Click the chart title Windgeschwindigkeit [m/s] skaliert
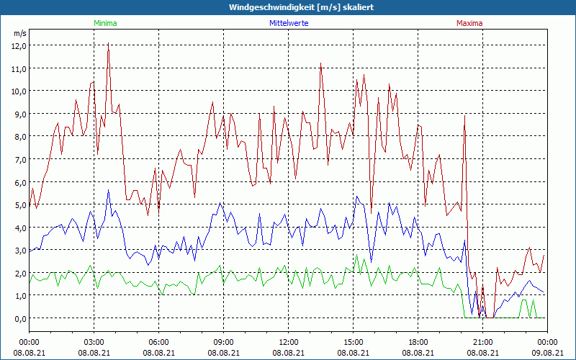[287, 7]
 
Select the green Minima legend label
[105, 23]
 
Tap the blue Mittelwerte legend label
[288, 23]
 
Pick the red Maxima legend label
[469, 23]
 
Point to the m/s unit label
[19, 33]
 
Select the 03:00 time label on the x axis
[94, 342]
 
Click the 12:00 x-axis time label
[288, 342]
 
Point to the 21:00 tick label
[482, 342]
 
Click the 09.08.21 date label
[547, 353]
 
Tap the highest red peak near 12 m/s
[108, 44]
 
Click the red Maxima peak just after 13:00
[320, 64]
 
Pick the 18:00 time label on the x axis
[418, 342]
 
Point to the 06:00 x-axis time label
[158, 342]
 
